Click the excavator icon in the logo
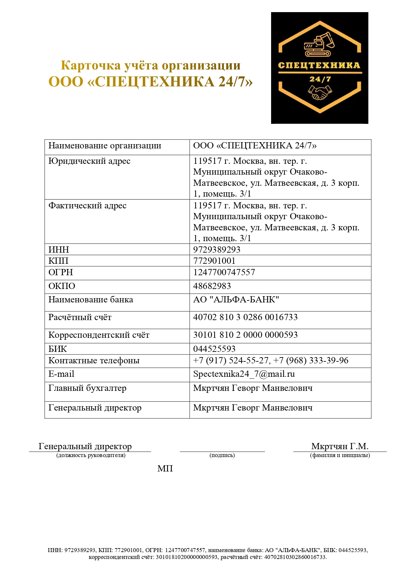click(319, 45)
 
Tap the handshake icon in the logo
click(320, 92)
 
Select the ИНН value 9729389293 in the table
click(217, 250)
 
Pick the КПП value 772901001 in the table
click(214, 261)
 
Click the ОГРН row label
click(61, 272)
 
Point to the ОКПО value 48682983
click(212, 286)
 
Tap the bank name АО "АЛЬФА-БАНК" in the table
click(236, 300)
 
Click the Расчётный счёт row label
click(80, 317)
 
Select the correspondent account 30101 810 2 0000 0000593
click(245, 335)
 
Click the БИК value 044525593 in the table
click(214, 349)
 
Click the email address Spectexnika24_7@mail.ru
click(244, 374)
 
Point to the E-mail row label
click(61, 374)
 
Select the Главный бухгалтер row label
click(87, 388)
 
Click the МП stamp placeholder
click(165, 469)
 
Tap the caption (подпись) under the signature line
click(222, 455)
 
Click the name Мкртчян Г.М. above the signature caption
click(340, 446)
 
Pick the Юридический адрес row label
click(89, 161)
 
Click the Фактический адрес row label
click(87, 206)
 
